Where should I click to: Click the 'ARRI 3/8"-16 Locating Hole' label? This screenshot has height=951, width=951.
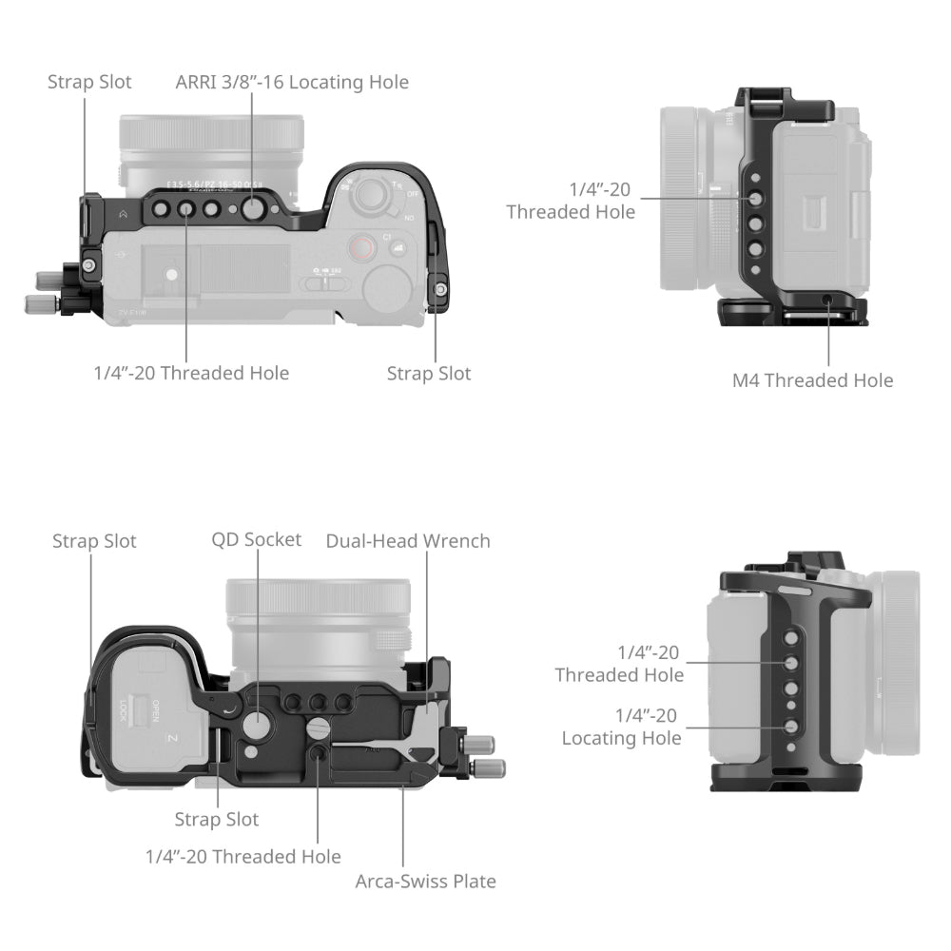(292, 83)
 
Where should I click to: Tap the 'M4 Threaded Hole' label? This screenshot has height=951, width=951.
(812, 380)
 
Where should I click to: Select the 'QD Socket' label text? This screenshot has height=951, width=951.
(256, 540)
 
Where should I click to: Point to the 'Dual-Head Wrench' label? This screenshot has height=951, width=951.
(408, 541)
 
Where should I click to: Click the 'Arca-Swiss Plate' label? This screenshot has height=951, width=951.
(425, 882)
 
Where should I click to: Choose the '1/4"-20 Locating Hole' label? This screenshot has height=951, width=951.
(621, 727)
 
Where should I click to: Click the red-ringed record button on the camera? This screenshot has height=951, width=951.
(360, 249)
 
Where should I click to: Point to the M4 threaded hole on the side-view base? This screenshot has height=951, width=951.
(827, 301)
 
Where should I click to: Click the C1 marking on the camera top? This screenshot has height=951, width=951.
(388, 235)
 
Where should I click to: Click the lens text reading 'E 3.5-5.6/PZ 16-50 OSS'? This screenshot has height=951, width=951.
(211, 184)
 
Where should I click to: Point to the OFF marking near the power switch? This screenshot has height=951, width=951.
(412, 193)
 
